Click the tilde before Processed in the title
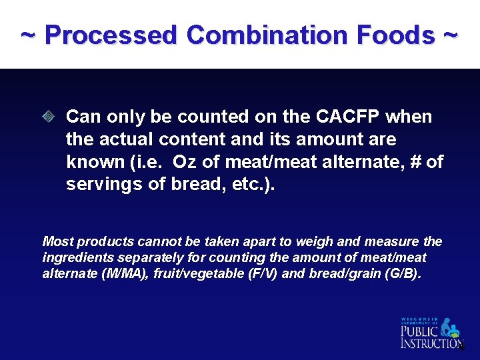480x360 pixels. click(28, 35)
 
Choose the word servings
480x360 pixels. click(102, 185)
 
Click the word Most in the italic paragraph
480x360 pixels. click(56, 241)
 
